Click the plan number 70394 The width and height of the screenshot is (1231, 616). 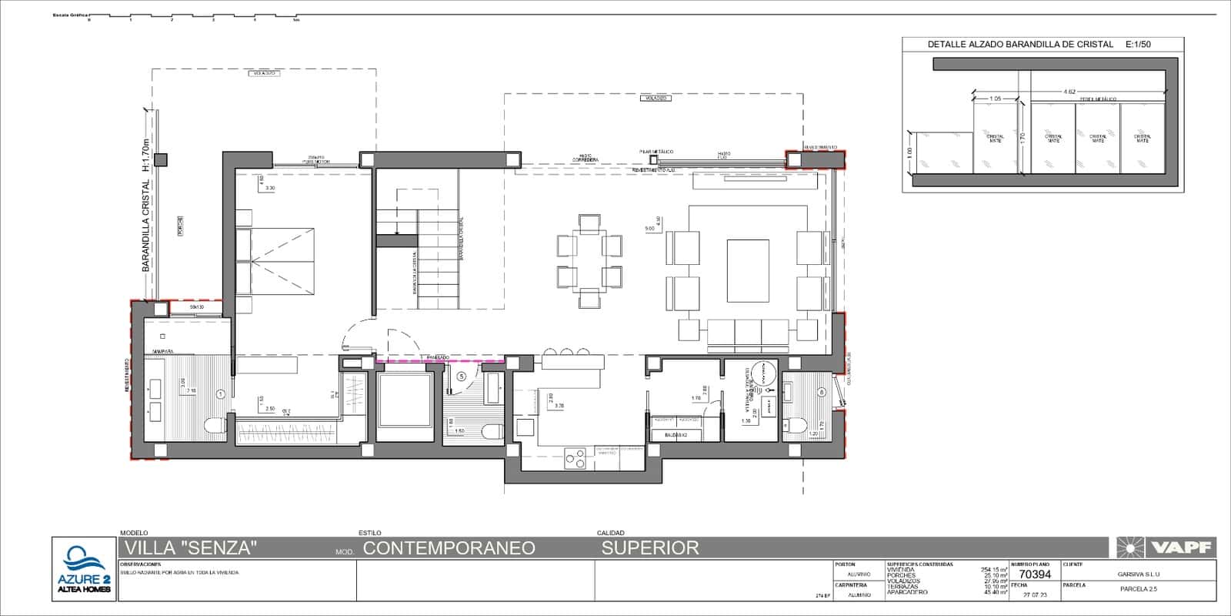pyautogui.click(x=1034, y=574)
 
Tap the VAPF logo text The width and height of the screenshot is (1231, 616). pyautogui.click(x=1182, y=547)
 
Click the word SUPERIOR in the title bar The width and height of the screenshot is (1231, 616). pyautogui.click(x=650, y=547)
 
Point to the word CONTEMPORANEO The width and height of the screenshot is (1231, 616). pyautogui.click(x=449, y=547)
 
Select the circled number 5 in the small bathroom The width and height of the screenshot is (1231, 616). pyautogui.click(x=461, y=377)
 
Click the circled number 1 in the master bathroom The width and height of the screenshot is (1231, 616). pyautogui.click(x=220, y=394)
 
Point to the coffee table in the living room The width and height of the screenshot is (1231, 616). pyautogui.click(x=748, y=270)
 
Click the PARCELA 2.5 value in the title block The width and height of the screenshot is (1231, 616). pyautogui.click(x=1138, y=589)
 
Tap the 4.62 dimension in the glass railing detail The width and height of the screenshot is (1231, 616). pyautogui.click(x=1069, y=92)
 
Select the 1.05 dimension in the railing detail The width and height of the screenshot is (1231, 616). pyautogui.click(x=995, y=99)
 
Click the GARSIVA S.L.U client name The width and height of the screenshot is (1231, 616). pyautogui.click(x=1138, y=574)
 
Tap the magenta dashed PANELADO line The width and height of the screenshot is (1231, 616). pyautogui.click(x=439, y=360)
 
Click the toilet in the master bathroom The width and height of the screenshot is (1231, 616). pyautogui.click(x=214, y=426)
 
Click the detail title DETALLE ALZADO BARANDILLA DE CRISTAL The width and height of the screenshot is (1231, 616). pyautogui.click(x=1020, y=45)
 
